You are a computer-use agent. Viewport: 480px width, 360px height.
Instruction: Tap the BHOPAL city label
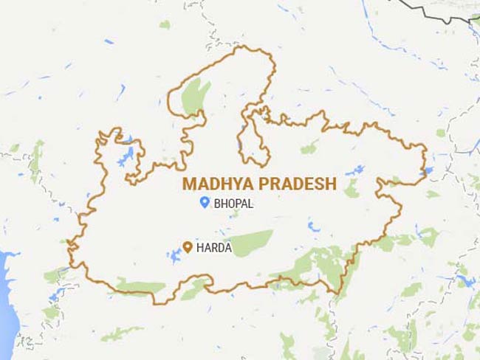click(233, 203)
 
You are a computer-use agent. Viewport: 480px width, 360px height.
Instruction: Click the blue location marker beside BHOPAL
click(204, 202)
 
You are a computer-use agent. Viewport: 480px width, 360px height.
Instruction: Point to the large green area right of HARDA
click(251, 242)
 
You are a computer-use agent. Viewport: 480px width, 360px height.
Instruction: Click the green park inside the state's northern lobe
click(196, 96)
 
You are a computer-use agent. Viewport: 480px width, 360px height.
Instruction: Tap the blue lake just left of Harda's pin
click(174, 256)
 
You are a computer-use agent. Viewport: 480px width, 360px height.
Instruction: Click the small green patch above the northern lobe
click(165, 24)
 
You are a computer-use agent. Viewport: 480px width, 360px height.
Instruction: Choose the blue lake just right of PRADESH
click(355, 170)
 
